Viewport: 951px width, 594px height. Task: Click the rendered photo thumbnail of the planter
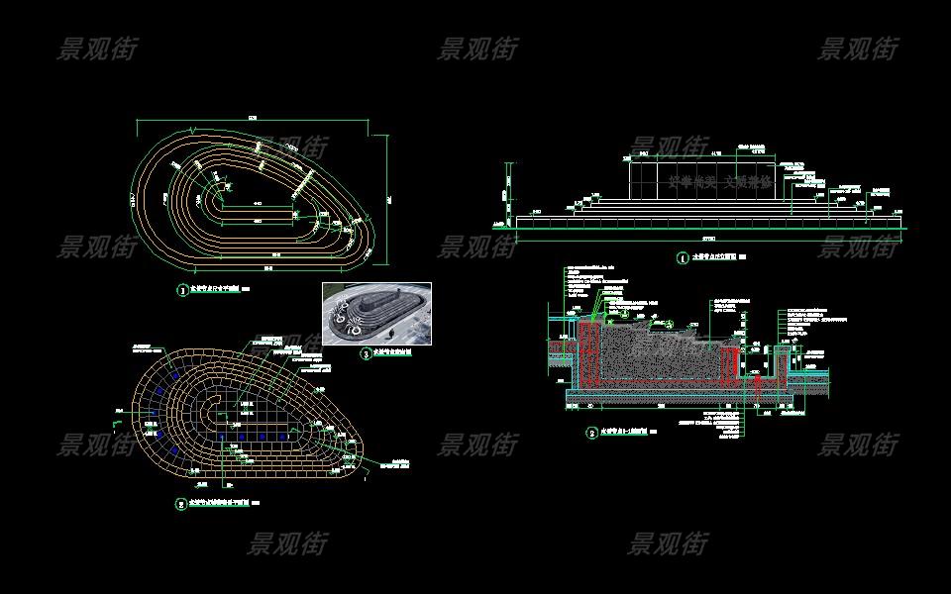(x=376, y=314)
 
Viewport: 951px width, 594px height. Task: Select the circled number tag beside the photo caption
(x=366, y=352)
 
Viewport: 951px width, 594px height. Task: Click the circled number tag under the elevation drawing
(x=682, y=259)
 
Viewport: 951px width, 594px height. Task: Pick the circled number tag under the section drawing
(x=591, y=433)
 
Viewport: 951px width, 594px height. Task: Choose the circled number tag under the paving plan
(x=180, y=504)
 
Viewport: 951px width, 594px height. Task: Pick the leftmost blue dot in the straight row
(x=221, y=436)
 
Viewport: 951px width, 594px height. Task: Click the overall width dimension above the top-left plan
(x=253, y=119)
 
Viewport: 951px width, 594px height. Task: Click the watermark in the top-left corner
(x=96, y=49)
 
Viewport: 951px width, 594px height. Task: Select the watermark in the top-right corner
(x=858, y=49)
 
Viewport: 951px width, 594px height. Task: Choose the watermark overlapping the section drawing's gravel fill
(x=667, y=346)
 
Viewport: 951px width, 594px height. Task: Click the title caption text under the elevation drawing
(x=712, y=258)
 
